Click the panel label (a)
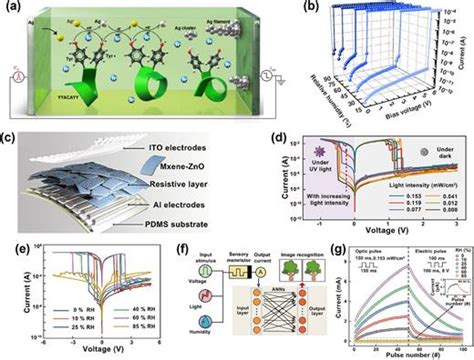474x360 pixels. tap(10, 8)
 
